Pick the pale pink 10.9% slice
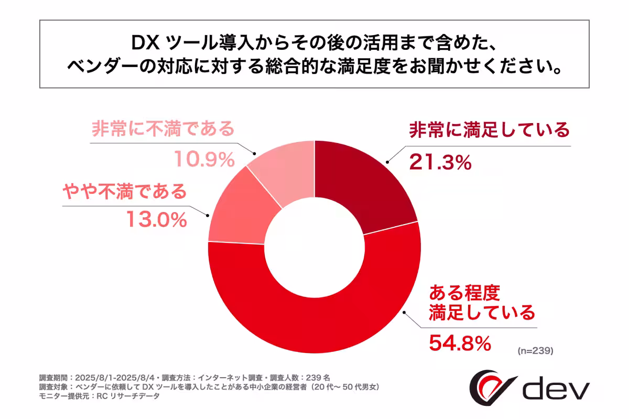coord(283,173)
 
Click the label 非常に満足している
coord(489,129)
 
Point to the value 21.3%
coord(440,163)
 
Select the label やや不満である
coord(125,191)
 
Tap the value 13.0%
coord(156,220)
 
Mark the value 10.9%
coord(204,160)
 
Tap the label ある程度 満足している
coord(482,302)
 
